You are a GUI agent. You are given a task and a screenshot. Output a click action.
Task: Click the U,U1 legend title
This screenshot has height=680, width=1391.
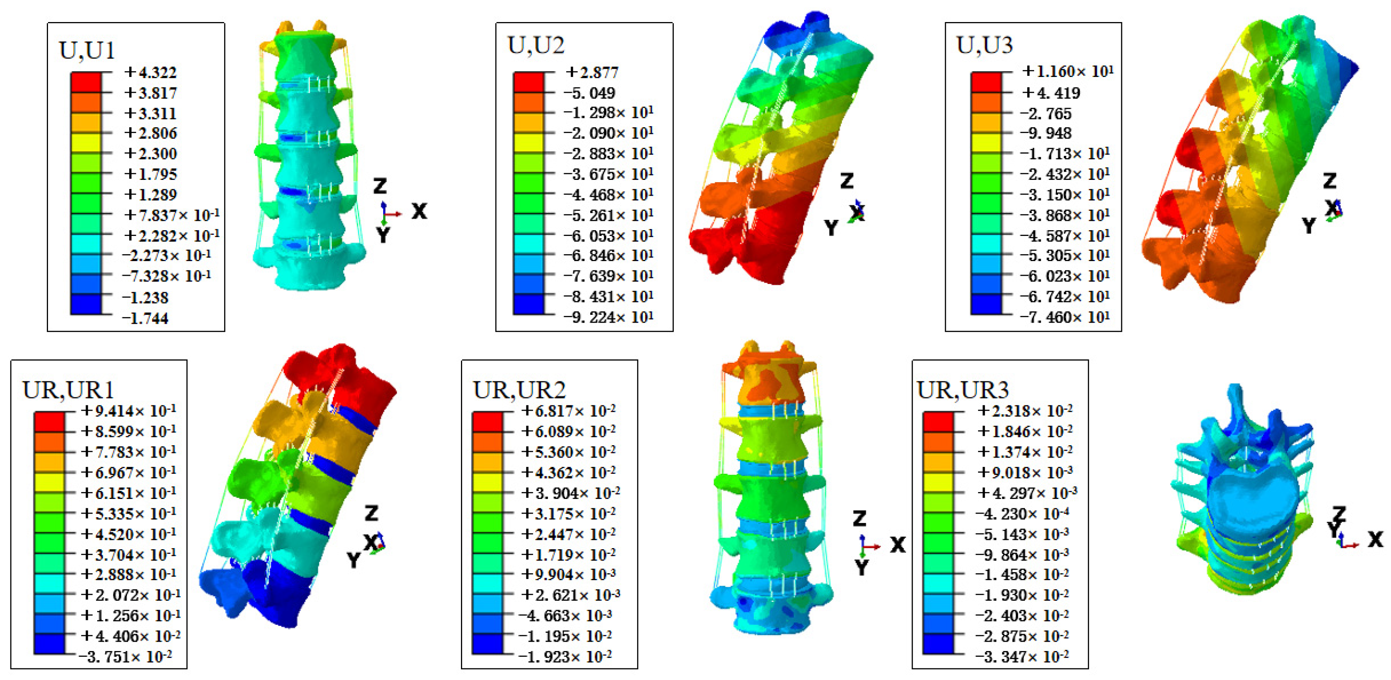87,50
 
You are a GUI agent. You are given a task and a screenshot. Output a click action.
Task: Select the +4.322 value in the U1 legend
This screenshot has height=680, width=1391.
150,72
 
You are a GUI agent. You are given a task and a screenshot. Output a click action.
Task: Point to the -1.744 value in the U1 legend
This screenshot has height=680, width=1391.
145,318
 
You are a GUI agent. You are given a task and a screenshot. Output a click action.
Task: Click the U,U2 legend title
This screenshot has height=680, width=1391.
536,45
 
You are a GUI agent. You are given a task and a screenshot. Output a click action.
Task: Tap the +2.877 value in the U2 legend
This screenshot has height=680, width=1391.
591,72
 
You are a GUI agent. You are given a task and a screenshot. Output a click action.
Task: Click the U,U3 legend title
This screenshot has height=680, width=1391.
984,45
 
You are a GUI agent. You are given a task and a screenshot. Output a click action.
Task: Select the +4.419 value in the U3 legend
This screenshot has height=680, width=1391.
1051,93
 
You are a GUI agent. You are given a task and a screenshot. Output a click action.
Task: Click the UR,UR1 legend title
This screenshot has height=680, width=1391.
68,390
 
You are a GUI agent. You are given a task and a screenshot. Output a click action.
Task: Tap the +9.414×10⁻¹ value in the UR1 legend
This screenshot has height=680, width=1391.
128,411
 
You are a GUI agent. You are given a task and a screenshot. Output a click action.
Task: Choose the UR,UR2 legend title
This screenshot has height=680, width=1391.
519,390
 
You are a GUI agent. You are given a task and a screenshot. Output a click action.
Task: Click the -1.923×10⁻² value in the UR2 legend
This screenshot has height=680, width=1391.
565,657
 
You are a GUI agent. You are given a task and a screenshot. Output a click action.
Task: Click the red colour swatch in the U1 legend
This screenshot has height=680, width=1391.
86,82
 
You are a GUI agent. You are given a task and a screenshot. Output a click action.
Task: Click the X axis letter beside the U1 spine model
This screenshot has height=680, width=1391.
419,211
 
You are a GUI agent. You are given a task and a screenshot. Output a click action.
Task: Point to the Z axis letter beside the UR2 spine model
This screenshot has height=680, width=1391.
859,519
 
